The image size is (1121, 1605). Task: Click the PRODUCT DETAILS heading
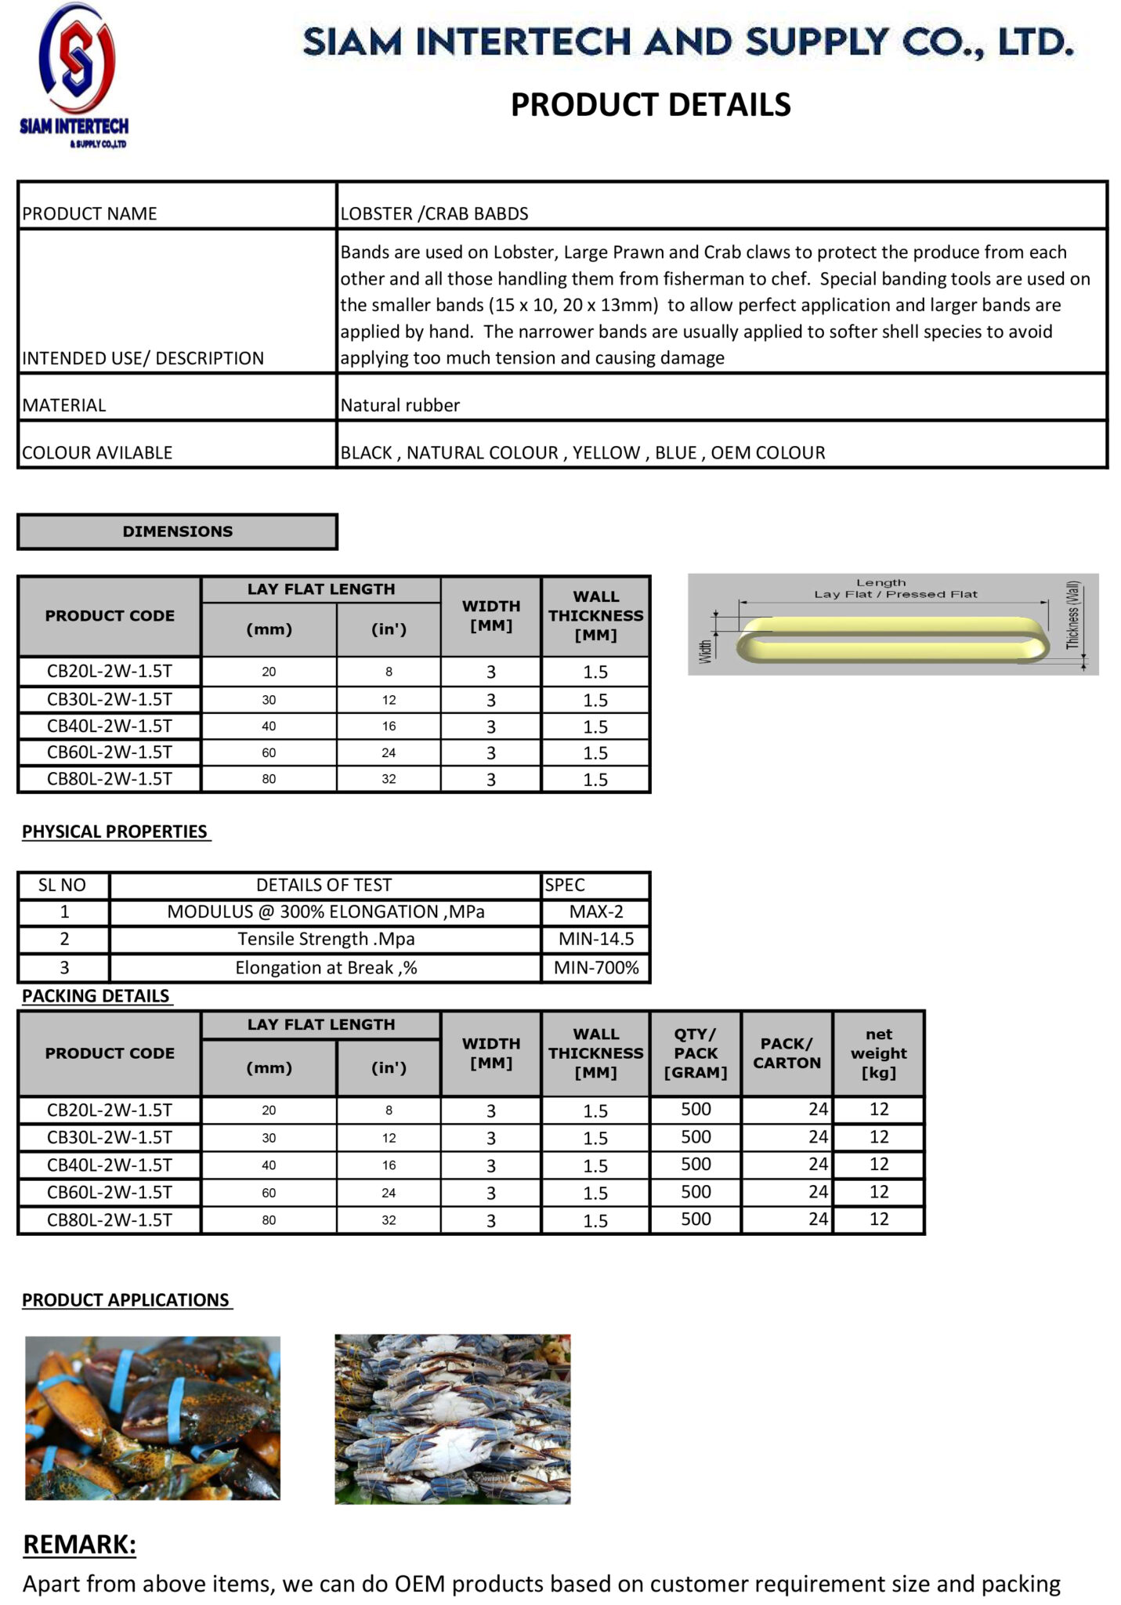click(x=650, y=104)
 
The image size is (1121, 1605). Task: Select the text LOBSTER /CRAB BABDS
click(x=434, y=213)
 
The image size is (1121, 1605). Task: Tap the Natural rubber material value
click(x=400, y=405)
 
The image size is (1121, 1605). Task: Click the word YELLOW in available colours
click(x=606, y=452)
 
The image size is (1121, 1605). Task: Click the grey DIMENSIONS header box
click(x=177, y=531)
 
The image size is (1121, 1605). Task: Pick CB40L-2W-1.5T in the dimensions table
click(x=109, y=726)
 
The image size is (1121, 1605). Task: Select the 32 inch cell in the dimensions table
click(x=389, y=779)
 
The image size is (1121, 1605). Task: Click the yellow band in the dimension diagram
click(x=891, y=639)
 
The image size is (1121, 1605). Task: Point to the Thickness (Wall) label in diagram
click(x=1072, y=615)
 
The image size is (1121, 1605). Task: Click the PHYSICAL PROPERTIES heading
click(x=114, y=831)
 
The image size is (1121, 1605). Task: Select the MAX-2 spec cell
click(x=595, y=911)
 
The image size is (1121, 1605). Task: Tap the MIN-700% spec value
click(x=595, y=968)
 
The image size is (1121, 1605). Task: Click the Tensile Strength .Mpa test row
click(x=326, y=939)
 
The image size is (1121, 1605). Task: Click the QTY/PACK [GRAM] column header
click(x=695, y=1053)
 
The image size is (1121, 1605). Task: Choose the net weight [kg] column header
click(x=878, y=1053)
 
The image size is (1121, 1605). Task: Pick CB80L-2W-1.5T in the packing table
click(x=109, y=1219)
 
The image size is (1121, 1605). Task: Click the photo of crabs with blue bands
click(x=153, y=1418)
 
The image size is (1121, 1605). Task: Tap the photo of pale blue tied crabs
click(x=452, y=1419)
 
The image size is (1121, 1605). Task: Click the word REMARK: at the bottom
click(x=79, y=1545)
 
